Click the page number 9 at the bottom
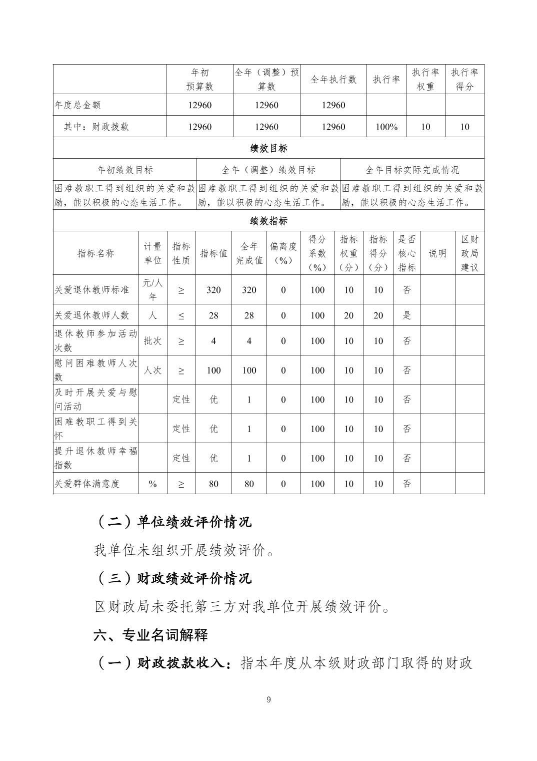point(268,699)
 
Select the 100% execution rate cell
point(386,127)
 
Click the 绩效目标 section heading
point(268,148)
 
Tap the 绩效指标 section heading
point(268,221)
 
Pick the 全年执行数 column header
point(333,80)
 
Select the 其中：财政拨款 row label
point(96,127)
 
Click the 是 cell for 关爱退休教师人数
point(406,315)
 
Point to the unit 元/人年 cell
point(152,290)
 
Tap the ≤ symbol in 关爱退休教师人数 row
point(181,315)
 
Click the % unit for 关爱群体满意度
point(152,484)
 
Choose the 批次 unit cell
point(152,341)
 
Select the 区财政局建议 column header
point(469,253)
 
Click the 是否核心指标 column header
point(406,253)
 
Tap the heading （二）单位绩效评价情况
point(173,522)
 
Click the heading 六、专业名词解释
point(150,635)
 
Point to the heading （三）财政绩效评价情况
point(173,578)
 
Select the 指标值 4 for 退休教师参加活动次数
point(213,341)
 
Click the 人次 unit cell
point(152,370)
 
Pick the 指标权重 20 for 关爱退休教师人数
point(348,315)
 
